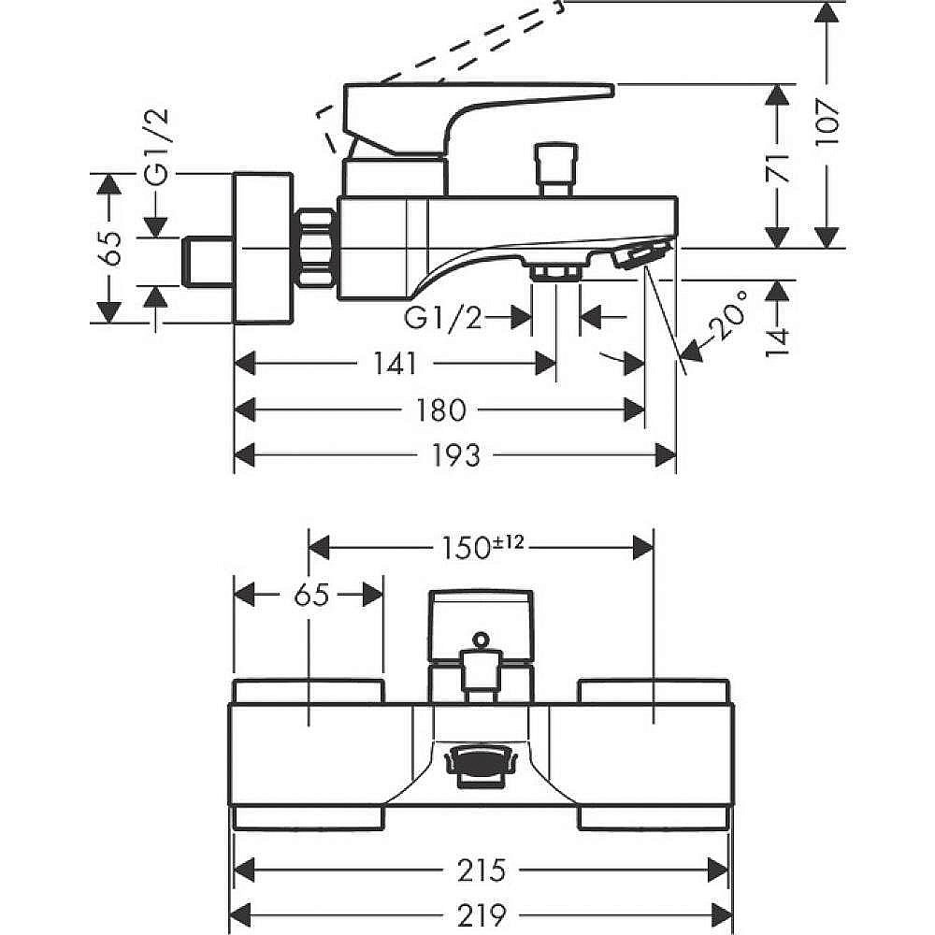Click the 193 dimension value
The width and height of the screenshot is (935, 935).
pyautogui.click(x=457, y=455)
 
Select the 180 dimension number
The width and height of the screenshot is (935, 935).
pyautogui.click(x=439, y=409)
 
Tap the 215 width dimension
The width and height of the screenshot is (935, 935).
pyautogui.click(x=482, y=870)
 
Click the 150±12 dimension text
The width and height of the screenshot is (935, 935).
pyautogui.click(x=482, y=545)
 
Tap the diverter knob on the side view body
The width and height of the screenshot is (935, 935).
pyautogui.click(x=553, y=165)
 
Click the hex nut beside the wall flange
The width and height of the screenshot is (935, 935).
pyautogui.click(x=316, y=248)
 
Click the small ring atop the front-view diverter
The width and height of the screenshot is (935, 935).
pyautogui.click(x=481, y=640)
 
